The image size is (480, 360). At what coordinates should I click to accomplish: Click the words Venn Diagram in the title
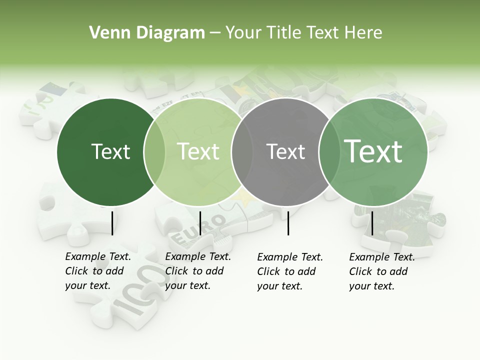pyautogui.click(x=147, y=33)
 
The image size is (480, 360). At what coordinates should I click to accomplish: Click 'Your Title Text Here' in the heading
pyautogui.click(x=303, y=33)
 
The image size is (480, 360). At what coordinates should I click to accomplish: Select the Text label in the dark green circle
pyautogui.click(x=110, y=151)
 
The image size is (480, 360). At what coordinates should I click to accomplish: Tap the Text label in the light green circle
pyautogui.click(x=198, y=151)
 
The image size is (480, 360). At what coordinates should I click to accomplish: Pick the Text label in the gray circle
pyautogui.click(x=285, y=151)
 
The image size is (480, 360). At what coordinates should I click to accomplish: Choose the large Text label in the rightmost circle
pyautogui.click(x=373, y=151)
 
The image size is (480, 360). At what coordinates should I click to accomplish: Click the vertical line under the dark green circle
pyautogui.click(x=112, y=222)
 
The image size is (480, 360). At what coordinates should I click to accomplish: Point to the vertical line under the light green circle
pyautogui.click(x=200, y=222)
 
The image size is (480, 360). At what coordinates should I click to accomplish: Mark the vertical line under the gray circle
pyautogui.click(x=288, y=222)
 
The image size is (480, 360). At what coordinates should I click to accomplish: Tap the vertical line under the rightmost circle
pyautogui.click(x=372, y=222)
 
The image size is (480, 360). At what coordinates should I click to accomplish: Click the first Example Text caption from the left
pyautogui.click(x=98, y=271)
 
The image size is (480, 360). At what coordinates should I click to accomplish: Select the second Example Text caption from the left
pyautogui.click(x=198, y=271)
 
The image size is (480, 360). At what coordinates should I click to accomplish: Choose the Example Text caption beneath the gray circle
pyautogui.click(x=290, y=271)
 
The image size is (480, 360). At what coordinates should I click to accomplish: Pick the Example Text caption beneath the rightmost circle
pyautogui.click(x=382, y=271)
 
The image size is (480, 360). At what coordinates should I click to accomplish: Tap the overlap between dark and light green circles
pyautogui.click(x=154, y=152)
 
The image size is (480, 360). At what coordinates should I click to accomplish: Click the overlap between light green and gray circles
pyautogui.click(x=241, y=152)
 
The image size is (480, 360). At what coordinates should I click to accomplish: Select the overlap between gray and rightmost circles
pyautogui.click(x=328, y=152)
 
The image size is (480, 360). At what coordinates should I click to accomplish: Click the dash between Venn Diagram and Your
pyautogui.click(x=215, y=33)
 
